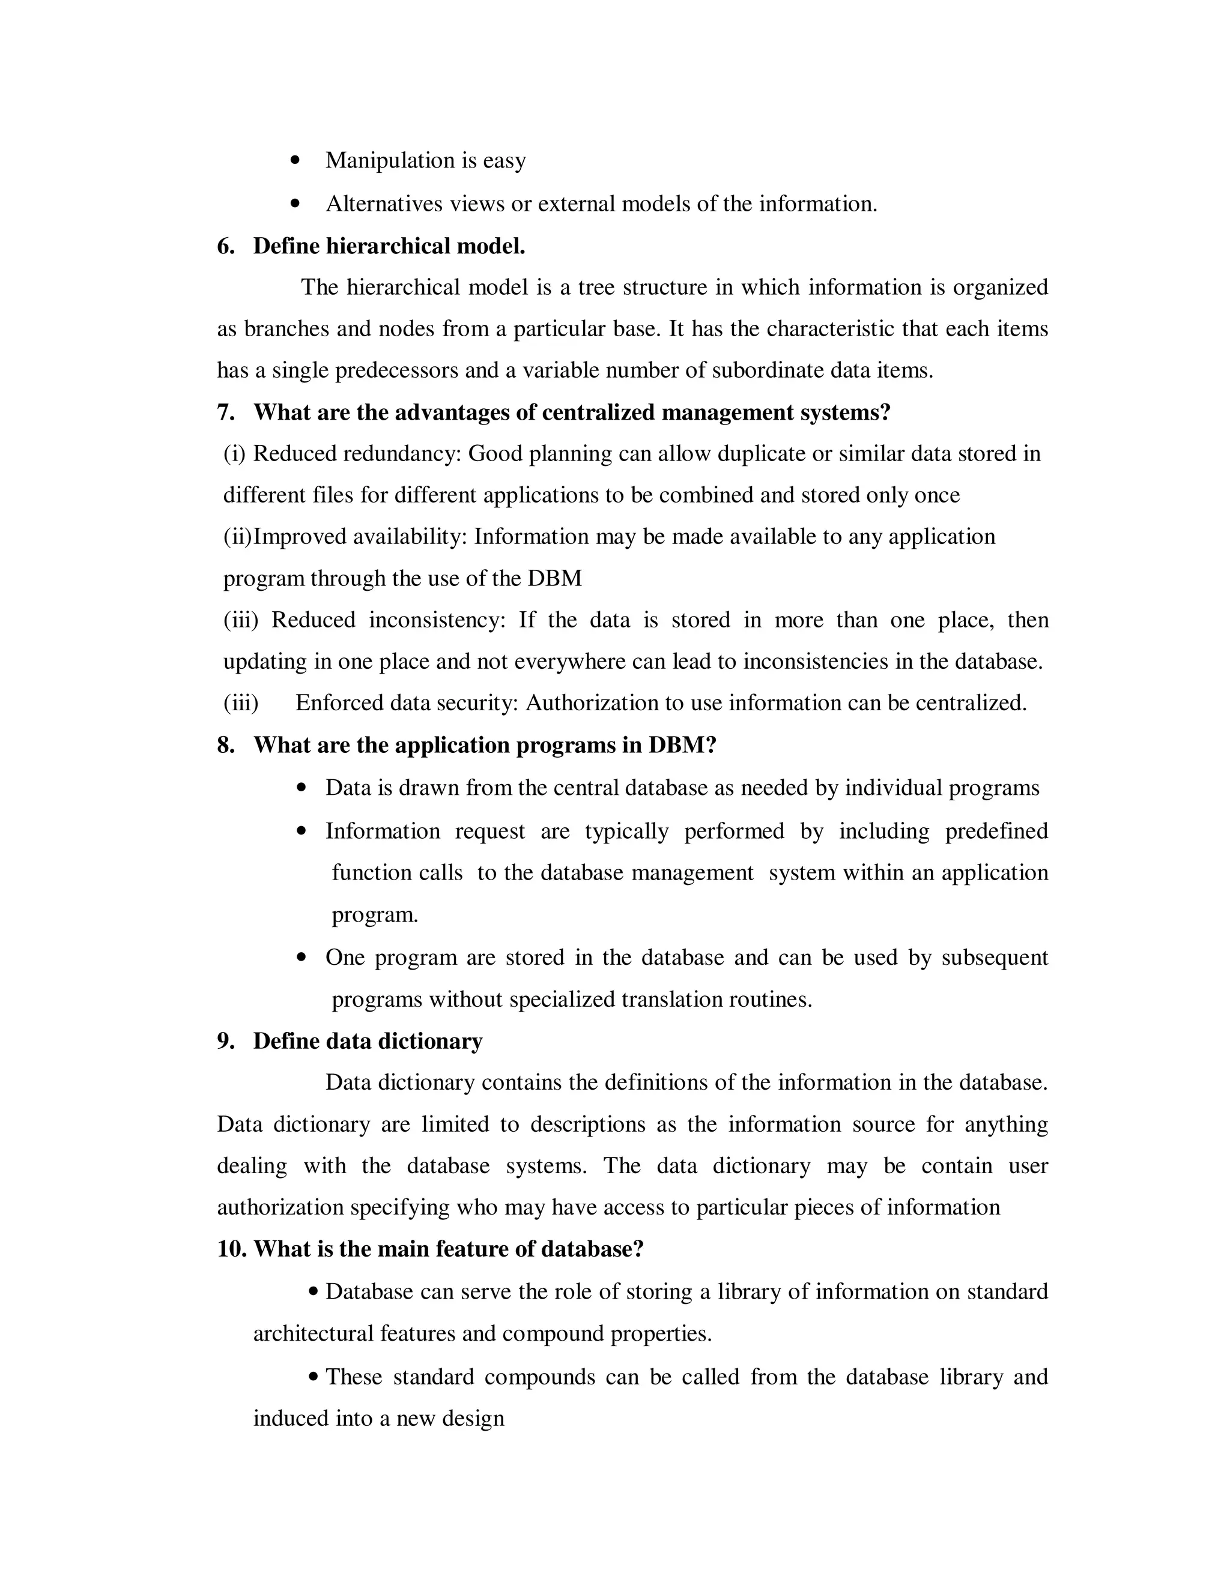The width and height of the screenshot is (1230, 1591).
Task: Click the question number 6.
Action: (225, 246)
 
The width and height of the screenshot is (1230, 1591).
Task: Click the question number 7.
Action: (225, 413)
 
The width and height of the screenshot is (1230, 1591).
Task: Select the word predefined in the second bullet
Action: (996, 831)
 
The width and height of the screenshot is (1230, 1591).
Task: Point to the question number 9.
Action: (225, 1042)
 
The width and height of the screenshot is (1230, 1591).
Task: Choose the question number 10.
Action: (232, 1249)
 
